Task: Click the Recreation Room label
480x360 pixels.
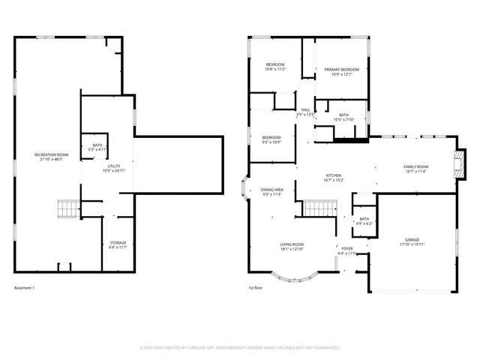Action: point(46,157)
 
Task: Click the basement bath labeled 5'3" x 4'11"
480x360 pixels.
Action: point(97,147)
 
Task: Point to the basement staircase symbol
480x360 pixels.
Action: point(67,208)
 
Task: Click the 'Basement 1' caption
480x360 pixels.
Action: point(24,288)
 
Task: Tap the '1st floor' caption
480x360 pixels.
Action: point(255,288)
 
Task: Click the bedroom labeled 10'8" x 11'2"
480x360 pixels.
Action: point(275,67)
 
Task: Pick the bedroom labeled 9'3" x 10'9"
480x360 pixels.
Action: point(271,139)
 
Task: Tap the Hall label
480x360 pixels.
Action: point(306,112)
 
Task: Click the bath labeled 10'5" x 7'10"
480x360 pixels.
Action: point(343,117)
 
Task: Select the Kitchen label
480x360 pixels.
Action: point(333,178)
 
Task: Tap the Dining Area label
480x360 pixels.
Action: point(271,192)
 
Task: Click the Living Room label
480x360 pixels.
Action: point(292,247)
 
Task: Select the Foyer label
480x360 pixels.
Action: point(346,250)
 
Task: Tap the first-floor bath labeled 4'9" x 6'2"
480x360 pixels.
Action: point(364,221)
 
